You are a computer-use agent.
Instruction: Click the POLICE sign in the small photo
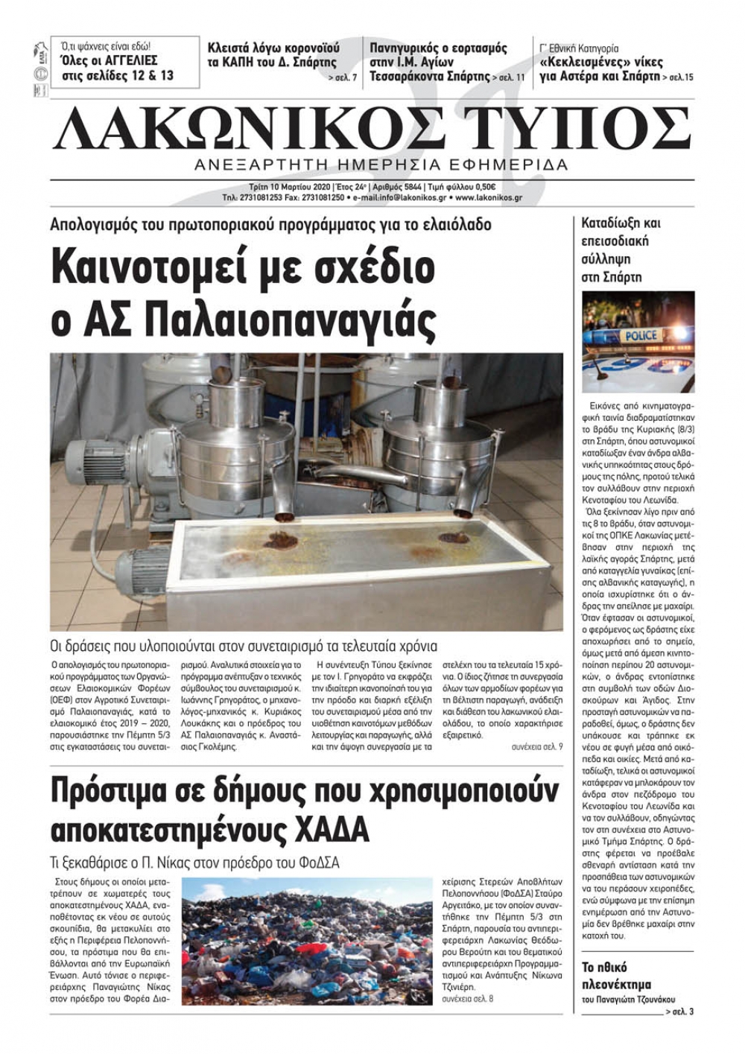click(641, 336)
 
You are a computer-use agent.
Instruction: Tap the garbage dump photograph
click(307, 941)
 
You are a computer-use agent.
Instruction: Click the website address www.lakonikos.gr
click(488, 198)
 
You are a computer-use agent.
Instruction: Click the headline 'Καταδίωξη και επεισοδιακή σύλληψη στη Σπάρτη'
click(621, 250)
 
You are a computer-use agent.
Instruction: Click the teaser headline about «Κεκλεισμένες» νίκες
click(600, 69)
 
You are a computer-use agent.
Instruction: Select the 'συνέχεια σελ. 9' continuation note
click(537, 746)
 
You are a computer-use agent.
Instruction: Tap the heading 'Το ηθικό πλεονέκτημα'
click(615, 976)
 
